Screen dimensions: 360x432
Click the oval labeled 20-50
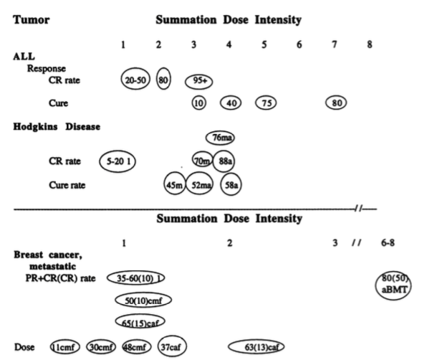point(135,80)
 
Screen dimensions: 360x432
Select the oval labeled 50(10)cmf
point(143,299)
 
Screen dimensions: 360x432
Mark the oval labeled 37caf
point(173,348)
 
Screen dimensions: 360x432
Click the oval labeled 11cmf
point(64,348)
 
